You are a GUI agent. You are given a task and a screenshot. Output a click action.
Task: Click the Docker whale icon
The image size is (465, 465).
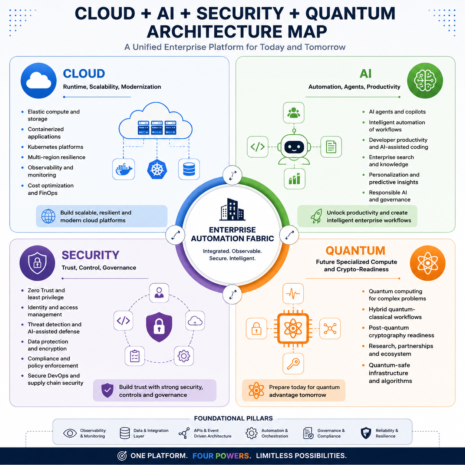pyautogui.click(x=124, y=169)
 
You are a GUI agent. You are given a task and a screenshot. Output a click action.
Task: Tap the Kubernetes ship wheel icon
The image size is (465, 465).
pyautogui.click(x=157, y=169)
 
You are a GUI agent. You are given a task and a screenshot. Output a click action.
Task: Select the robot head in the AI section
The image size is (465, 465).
pyautogui.click(x=294, y=146)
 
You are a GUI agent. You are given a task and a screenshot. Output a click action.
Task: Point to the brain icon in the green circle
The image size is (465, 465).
pyautogui.click(x=425, y=80)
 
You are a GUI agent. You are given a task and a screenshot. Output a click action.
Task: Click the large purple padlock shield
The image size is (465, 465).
pyautogui.click(x=159, y=327)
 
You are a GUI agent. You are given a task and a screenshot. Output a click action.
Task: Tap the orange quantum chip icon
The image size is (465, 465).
pyautogui.click(x=293, y=329)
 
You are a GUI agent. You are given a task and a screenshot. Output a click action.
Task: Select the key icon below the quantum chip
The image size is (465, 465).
pyautogui.click(x=293, y=364)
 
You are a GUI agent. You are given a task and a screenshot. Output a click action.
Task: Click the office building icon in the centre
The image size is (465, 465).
pyautogui.click(x=232, y=210)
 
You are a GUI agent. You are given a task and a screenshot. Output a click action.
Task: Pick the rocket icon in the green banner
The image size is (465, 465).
pyautogui.click(x=316, y=216)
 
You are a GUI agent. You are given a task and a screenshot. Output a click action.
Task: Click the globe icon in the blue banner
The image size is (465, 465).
pyautogui.click(x=48, y=216)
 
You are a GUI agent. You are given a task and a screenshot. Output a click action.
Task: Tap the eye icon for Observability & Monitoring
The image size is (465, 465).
pyautogui.click(x=70, y=433)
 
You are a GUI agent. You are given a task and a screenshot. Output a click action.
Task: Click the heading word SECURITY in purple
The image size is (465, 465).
pyautogui.click(x=90, y=255)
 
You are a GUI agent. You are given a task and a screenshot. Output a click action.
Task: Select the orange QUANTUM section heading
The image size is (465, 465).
pyautogui.click(x=356, y=251)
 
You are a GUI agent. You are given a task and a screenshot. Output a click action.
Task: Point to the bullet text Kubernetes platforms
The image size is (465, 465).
pyautogui.click(x=56, y=147)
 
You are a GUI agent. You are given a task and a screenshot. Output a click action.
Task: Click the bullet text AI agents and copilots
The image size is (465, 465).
pyautogui.click(x=397, y=112)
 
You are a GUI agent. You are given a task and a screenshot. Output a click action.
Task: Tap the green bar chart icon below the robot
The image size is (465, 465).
pyautogui.click(x=294, y=179)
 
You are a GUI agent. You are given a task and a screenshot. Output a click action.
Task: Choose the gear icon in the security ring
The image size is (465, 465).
pyautogui.click(x=184, y=356)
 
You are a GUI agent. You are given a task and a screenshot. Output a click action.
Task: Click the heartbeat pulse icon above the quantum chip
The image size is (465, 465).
pyautogui.click(x=293, y=294)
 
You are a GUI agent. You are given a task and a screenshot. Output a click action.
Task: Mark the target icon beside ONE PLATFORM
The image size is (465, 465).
pyautogui.click(x=122, y=456)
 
